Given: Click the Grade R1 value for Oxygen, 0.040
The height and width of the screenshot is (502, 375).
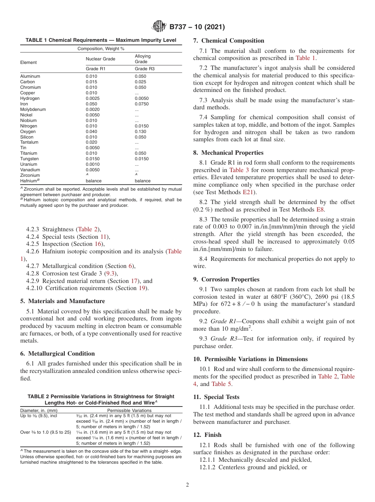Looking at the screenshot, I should [91, 131].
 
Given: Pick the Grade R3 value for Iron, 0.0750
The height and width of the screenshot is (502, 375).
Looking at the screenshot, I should [142, 104].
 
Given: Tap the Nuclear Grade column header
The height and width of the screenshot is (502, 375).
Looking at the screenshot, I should [100, 59].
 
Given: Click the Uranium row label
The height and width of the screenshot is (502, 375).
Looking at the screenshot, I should [28, 164].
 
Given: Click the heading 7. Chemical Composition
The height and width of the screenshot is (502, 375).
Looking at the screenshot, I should [229, 41].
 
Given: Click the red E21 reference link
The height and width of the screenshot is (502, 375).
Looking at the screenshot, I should [247, 192].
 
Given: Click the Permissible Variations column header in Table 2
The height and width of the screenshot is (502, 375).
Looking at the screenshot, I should [129, 410].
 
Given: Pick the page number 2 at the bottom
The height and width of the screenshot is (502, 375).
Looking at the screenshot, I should [187, 485].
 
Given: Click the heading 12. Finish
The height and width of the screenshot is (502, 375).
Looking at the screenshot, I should [207, 435].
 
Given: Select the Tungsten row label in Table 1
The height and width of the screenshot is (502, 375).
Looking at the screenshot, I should [29, 159].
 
